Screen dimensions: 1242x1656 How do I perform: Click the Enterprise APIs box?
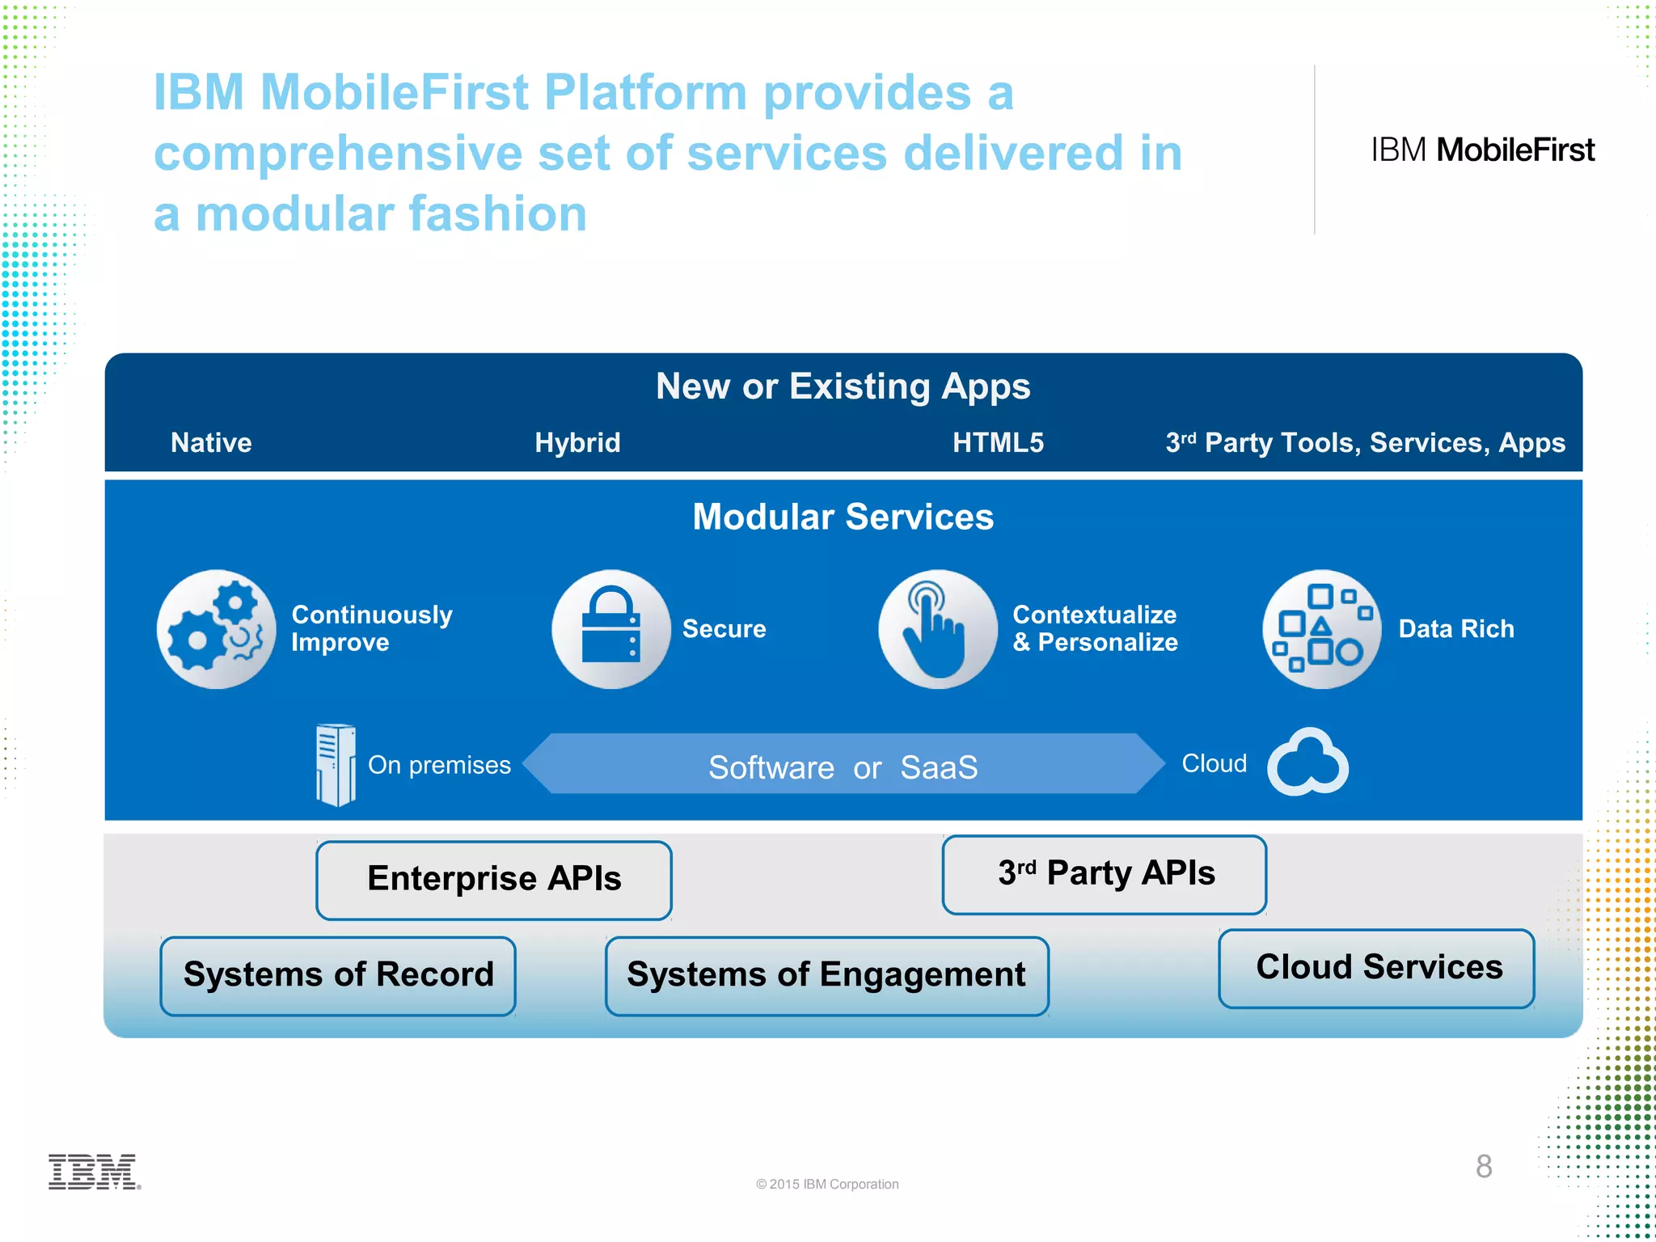494,880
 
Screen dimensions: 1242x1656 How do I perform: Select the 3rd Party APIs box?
1105,874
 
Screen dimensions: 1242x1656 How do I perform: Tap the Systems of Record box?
338,975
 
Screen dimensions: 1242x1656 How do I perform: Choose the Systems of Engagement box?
826,975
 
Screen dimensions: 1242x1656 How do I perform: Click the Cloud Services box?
1377,968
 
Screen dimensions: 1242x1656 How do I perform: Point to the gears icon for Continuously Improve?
216,629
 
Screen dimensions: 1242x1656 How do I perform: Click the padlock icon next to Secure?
611,629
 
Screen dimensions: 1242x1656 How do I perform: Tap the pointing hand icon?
938,629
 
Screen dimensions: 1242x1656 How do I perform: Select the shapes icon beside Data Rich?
1322,629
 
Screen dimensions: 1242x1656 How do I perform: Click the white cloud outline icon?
1307,763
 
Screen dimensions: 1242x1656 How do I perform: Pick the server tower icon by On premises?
335,764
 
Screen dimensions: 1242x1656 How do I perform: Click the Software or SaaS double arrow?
843,764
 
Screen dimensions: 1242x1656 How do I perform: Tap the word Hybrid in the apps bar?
577,442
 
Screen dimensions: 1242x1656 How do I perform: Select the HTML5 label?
998,442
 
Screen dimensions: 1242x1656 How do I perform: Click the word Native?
211,442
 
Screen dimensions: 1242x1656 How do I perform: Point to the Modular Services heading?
843,517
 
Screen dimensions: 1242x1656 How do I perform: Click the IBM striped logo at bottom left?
94,1172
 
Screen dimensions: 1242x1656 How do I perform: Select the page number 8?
1484,1166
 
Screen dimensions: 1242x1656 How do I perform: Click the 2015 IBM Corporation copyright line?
827,1184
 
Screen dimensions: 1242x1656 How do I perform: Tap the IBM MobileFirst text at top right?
1482,150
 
